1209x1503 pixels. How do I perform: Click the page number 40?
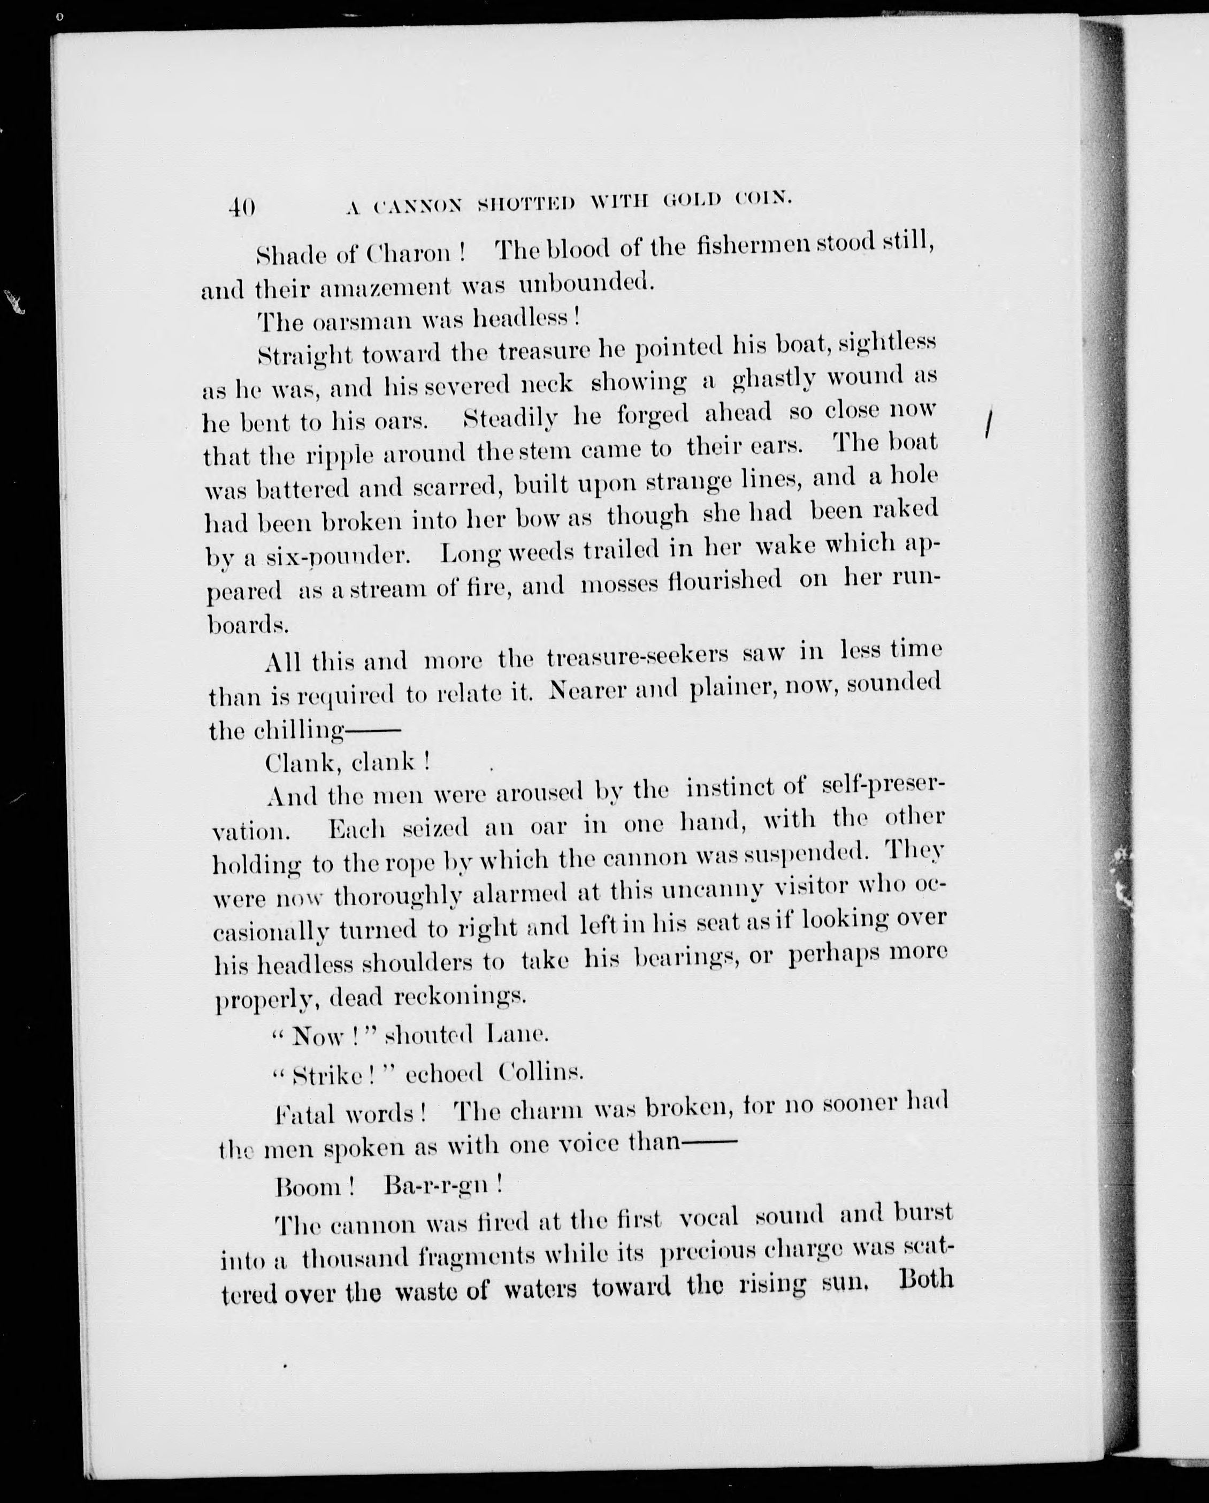pyautogui.click(x=242, y=207)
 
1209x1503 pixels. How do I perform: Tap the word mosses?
pyautogui.click(x=619, y=583)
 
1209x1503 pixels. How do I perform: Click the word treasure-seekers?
pyautogui.click(x=637, y=657)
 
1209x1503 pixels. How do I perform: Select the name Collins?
pyautogui.click(x=541, y=1073)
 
